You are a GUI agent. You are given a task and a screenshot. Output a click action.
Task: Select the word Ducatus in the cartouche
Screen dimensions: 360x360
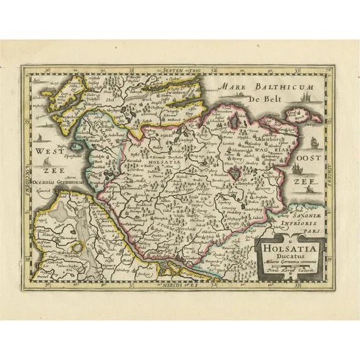tap(290, 257)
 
